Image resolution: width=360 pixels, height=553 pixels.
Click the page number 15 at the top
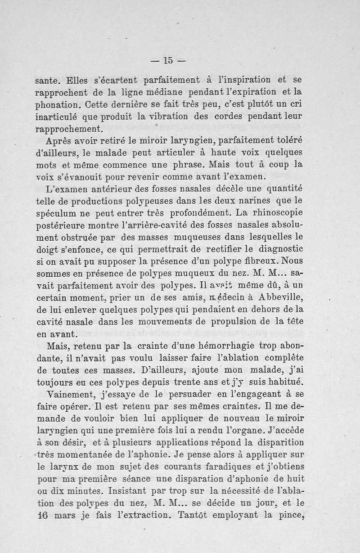coord(168,59)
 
